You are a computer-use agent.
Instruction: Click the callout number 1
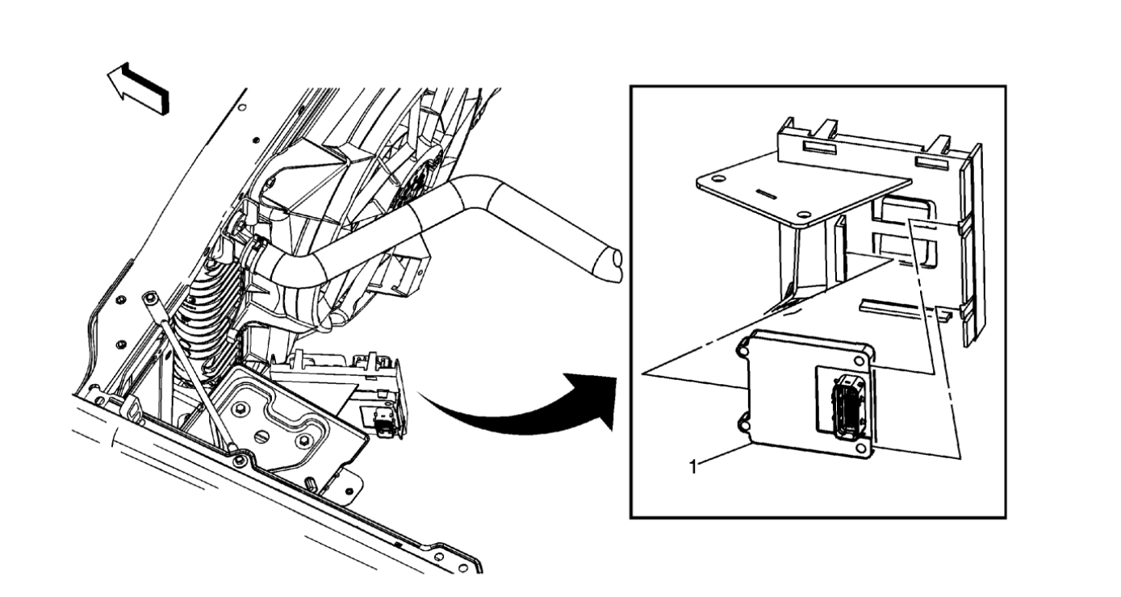coord(692,465)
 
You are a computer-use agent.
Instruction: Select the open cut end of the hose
coord(615,265)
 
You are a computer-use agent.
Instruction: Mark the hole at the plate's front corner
coord(803,215)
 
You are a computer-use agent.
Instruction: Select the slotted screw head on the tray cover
coord(261,435)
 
